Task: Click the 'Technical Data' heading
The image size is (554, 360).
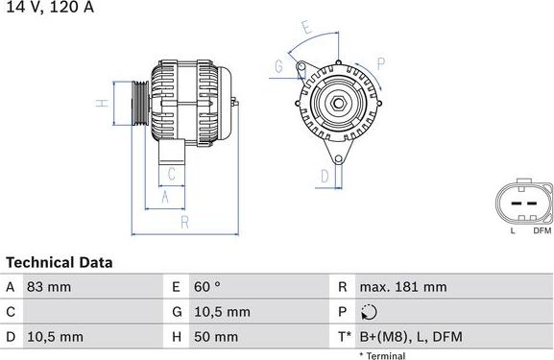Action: click(59, 262)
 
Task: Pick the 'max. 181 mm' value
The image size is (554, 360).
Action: click(403, 286)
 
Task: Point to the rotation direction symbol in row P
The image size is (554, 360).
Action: click(371, 311)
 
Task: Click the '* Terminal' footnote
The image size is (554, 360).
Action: click(382, 355)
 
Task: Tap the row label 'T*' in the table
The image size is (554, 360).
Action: click(345, 336)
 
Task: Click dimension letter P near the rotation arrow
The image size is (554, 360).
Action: click(380, 65)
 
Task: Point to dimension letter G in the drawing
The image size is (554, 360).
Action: click(278, 66)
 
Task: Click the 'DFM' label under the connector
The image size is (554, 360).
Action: click(541, 230)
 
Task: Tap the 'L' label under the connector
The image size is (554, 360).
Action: click(513, 230)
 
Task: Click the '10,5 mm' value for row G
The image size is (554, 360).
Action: click(224, 311)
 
